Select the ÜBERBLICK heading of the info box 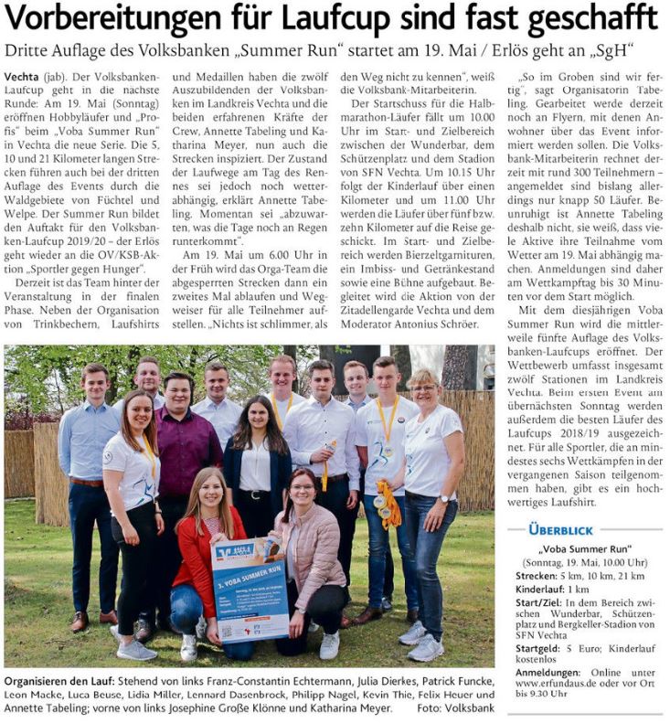(560, 529)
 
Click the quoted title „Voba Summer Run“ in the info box (586, 550)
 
